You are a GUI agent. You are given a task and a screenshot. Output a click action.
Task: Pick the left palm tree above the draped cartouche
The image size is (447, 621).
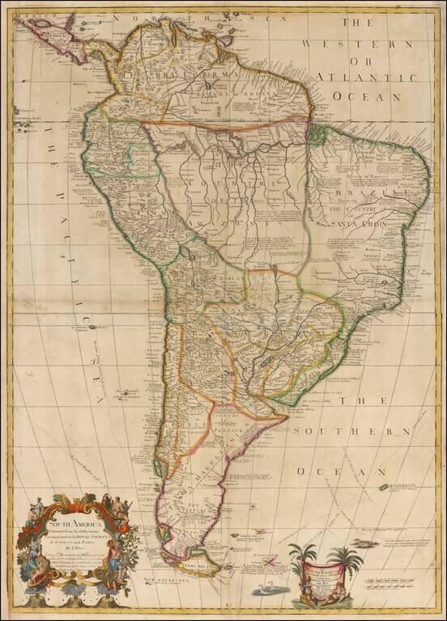pyautogui.click(x=306, y=558)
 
